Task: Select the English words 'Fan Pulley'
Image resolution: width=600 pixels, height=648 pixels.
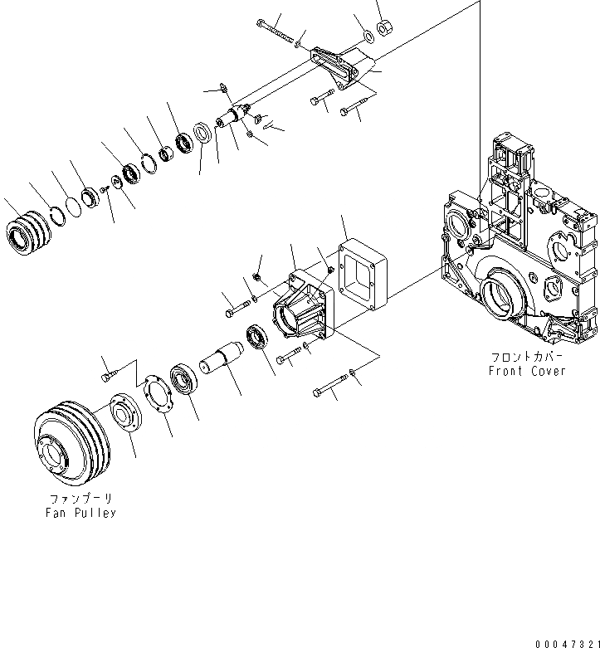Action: pos(80,513)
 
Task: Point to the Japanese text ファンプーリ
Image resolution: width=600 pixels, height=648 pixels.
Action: pos(80,499)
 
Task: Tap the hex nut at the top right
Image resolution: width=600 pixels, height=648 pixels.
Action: pos(383,30)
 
